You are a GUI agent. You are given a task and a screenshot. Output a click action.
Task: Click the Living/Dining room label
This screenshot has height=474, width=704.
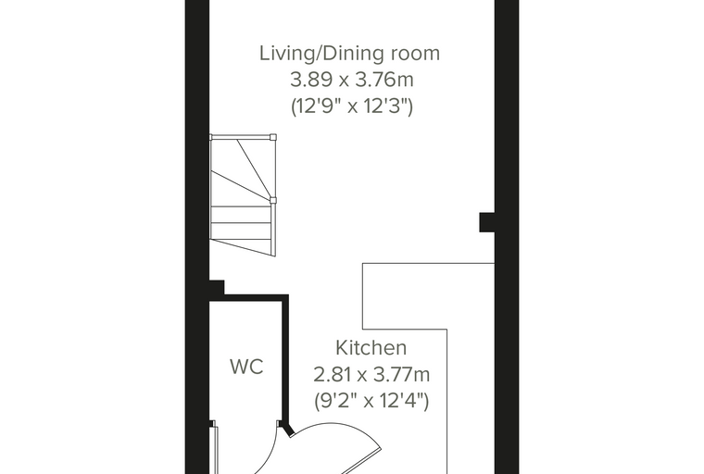pos(350,53)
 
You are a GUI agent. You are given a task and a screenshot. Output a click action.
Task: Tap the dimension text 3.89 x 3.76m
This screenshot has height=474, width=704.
pos(352,80)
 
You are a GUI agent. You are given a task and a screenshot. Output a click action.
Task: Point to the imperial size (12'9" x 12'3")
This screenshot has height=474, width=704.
pos(352,106)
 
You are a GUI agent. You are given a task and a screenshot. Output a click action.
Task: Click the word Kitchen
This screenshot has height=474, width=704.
pos(371,348)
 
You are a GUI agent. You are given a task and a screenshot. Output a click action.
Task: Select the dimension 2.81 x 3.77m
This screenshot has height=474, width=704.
pos(371,374)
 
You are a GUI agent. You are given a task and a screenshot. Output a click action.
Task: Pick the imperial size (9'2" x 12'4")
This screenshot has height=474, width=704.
pos(371,400)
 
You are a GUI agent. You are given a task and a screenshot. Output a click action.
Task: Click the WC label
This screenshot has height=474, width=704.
pos(246,367)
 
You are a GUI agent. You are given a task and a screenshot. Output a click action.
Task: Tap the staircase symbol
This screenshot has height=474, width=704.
pos(243,195)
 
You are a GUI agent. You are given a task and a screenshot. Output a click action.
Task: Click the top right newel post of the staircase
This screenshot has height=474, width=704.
pos(273,137)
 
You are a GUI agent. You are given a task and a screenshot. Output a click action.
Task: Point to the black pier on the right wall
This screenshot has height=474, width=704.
pos(487,222)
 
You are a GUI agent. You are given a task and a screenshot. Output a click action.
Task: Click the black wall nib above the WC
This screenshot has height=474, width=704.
pos(217,287)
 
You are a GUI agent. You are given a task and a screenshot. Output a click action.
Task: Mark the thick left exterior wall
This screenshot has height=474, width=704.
pos(197,237)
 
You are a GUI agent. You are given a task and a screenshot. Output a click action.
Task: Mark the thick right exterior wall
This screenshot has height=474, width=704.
pos(507,237)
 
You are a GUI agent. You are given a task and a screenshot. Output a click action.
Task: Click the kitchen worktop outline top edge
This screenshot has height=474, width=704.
pos(428,264)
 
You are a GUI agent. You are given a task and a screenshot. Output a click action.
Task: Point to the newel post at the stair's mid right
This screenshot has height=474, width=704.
pos(273,200)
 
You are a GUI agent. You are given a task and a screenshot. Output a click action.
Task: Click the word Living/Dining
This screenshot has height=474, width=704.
pos(322,53)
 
